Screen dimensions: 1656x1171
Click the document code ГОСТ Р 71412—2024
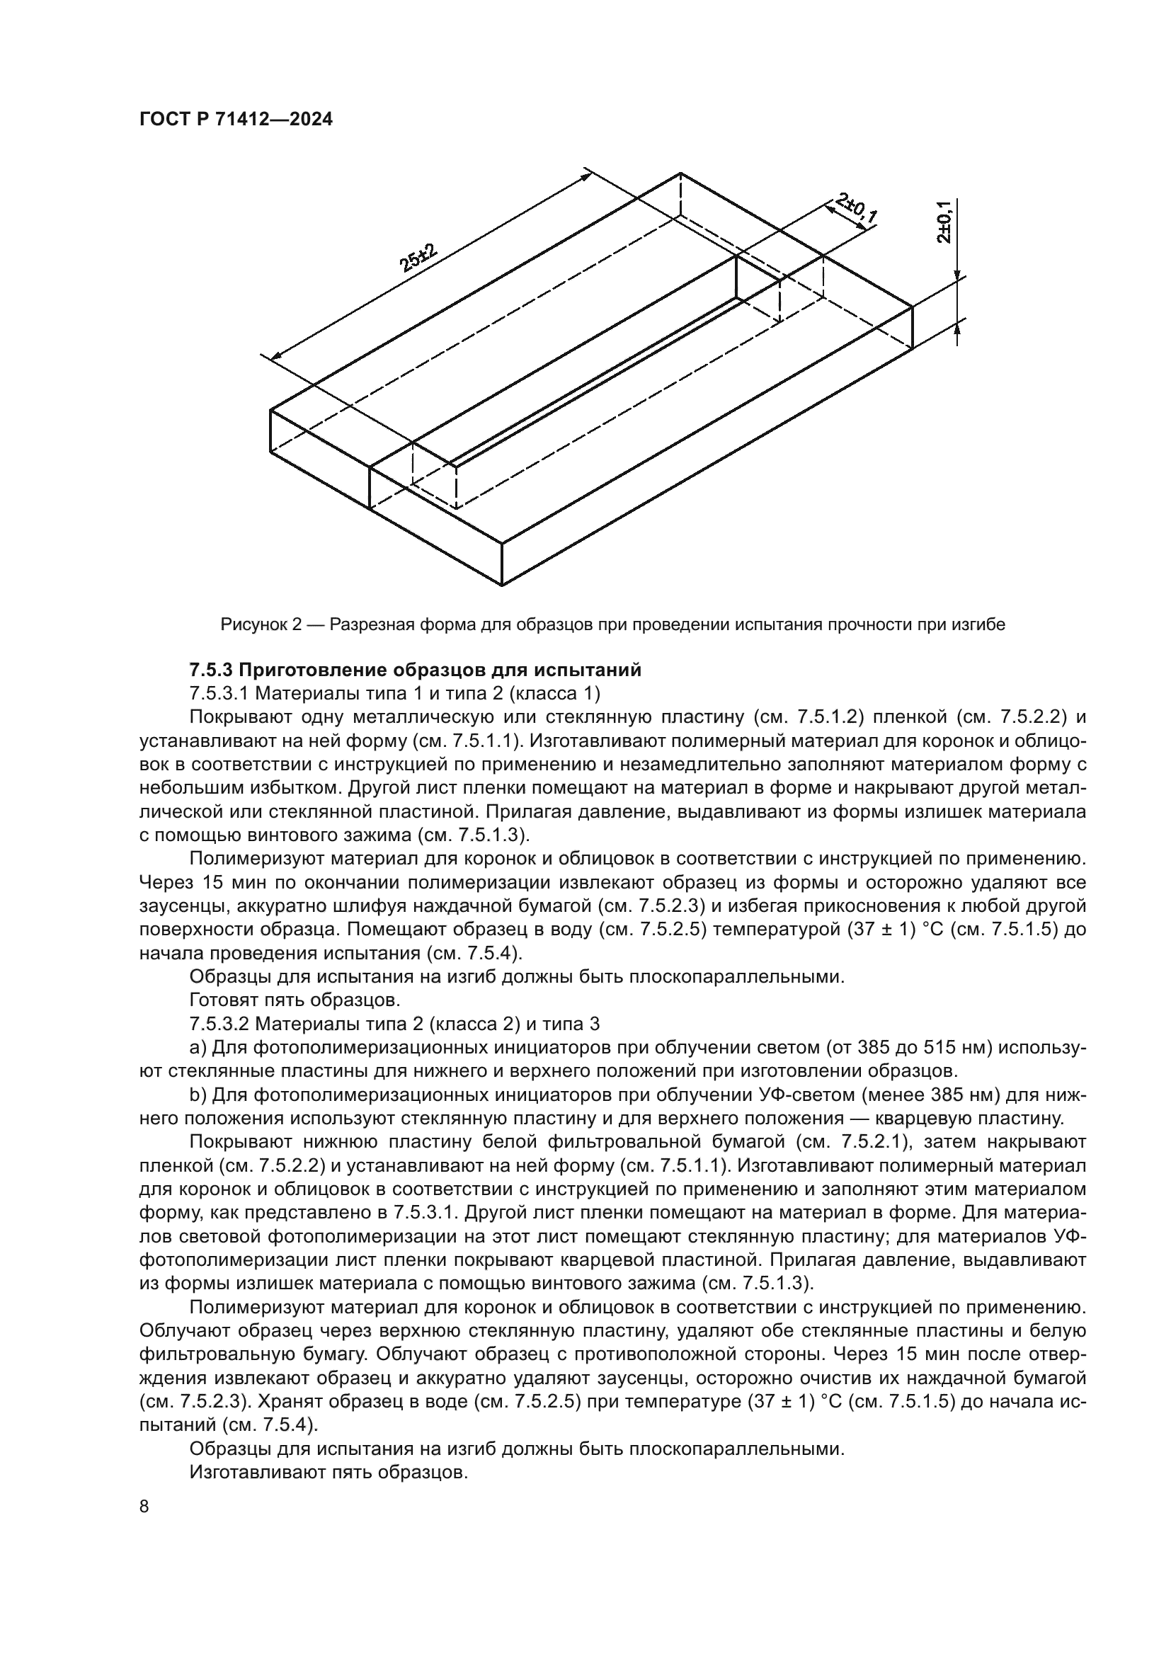[x=236, y=120]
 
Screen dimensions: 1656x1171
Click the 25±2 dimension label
[x=421, y=258]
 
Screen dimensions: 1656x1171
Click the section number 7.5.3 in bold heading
[x=210, y=670]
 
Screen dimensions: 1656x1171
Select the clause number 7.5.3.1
[x=219, y=694]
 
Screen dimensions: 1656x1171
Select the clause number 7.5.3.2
[x=219, y=1024]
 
